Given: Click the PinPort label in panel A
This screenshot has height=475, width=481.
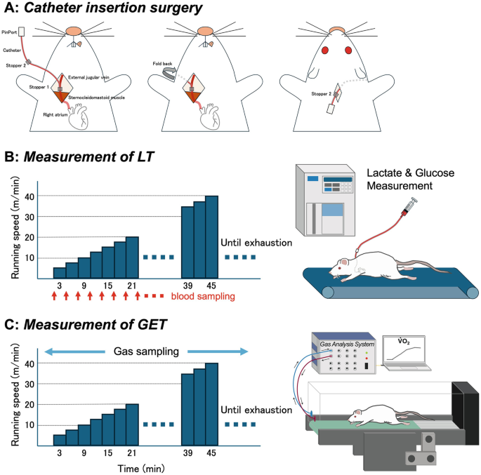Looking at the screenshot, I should (x=9, y=32).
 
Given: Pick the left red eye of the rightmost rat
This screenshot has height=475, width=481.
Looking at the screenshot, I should (x=326, y=51).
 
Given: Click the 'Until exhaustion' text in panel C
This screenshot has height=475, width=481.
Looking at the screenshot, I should (x=256, y=410).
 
